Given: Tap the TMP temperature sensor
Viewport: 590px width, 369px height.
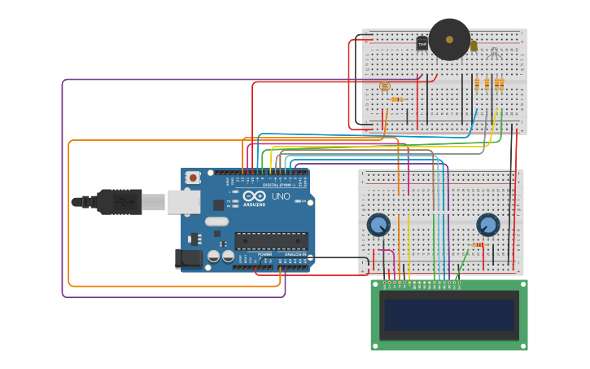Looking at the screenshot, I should (422, 43).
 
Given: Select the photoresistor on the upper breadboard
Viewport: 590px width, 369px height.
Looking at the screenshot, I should (385, 86).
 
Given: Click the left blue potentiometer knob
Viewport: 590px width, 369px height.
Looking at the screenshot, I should (378, 225).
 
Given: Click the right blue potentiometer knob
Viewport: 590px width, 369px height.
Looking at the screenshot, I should (488, 225).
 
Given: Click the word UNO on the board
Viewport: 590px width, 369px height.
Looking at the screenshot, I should (280, 196).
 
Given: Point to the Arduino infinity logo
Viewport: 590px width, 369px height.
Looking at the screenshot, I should (255, 196).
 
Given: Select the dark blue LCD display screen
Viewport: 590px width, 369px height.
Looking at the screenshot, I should (449, 315).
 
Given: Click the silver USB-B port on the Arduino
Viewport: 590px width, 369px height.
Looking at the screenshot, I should (184, 201).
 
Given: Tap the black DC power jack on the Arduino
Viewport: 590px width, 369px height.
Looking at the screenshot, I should (189, 259).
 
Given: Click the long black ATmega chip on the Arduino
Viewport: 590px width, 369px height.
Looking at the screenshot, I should (271, 240).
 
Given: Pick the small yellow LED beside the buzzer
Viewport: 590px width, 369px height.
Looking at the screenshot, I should (474, 46).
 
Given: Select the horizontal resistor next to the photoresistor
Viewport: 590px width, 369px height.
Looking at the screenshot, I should (396, 99).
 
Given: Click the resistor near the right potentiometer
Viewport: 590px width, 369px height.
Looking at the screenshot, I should (478, 244).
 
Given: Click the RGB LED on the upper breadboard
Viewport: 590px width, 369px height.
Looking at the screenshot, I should (494, 54).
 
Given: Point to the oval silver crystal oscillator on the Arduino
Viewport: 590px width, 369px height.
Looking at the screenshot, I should (216, 222).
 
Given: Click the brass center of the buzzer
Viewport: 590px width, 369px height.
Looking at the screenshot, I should (449, 38).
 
